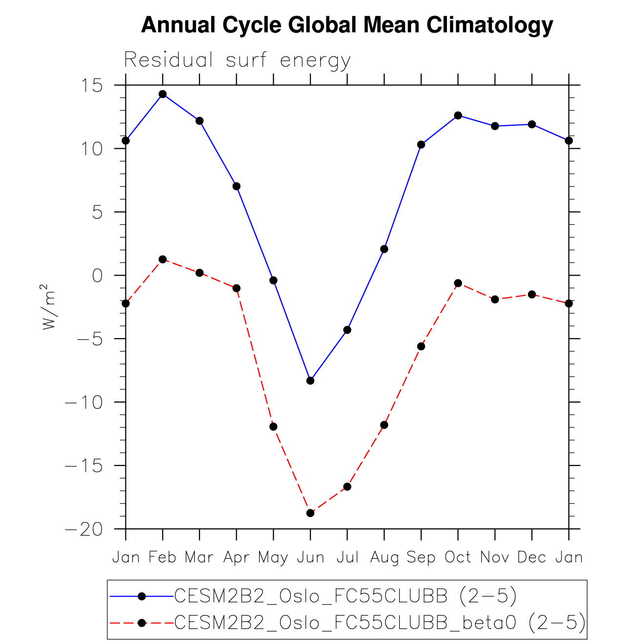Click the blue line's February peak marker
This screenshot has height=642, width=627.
click(162, 94)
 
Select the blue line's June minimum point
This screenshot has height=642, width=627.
click(310, 381)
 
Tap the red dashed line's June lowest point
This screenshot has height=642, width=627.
click(310, 513)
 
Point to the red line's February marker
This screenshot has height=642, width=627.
click(162, 259)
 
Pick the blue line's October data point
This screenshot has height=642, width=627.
click(458, 115)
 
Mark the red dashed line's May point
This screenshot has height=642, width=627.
click(273, 426)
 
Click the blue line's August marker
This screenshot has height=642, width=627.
click(384, 249)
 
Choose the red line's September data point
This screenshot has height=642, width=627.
click(421, 346)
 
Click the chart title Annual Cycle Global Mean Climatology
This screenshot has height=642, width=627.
click(347, 25)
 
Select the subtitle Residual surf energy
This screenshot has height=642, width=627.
click(237, 60)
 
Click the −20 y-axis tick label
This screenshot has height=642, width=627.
click(84, 529)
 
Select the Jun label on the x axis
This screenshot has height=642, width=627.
click(310, 557)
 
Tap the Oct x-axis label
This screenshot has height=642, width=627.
click(458, 557)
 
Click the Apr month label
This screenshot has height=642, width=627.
click(237, 557)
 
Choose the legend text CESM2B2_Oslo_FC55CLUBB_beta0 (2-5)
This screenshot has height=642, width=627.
click(380, 623)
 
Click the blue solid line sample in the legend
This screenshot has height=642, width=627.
click(142, 596)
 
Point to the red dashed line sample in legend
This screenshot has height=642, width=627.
click(142, 623)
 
